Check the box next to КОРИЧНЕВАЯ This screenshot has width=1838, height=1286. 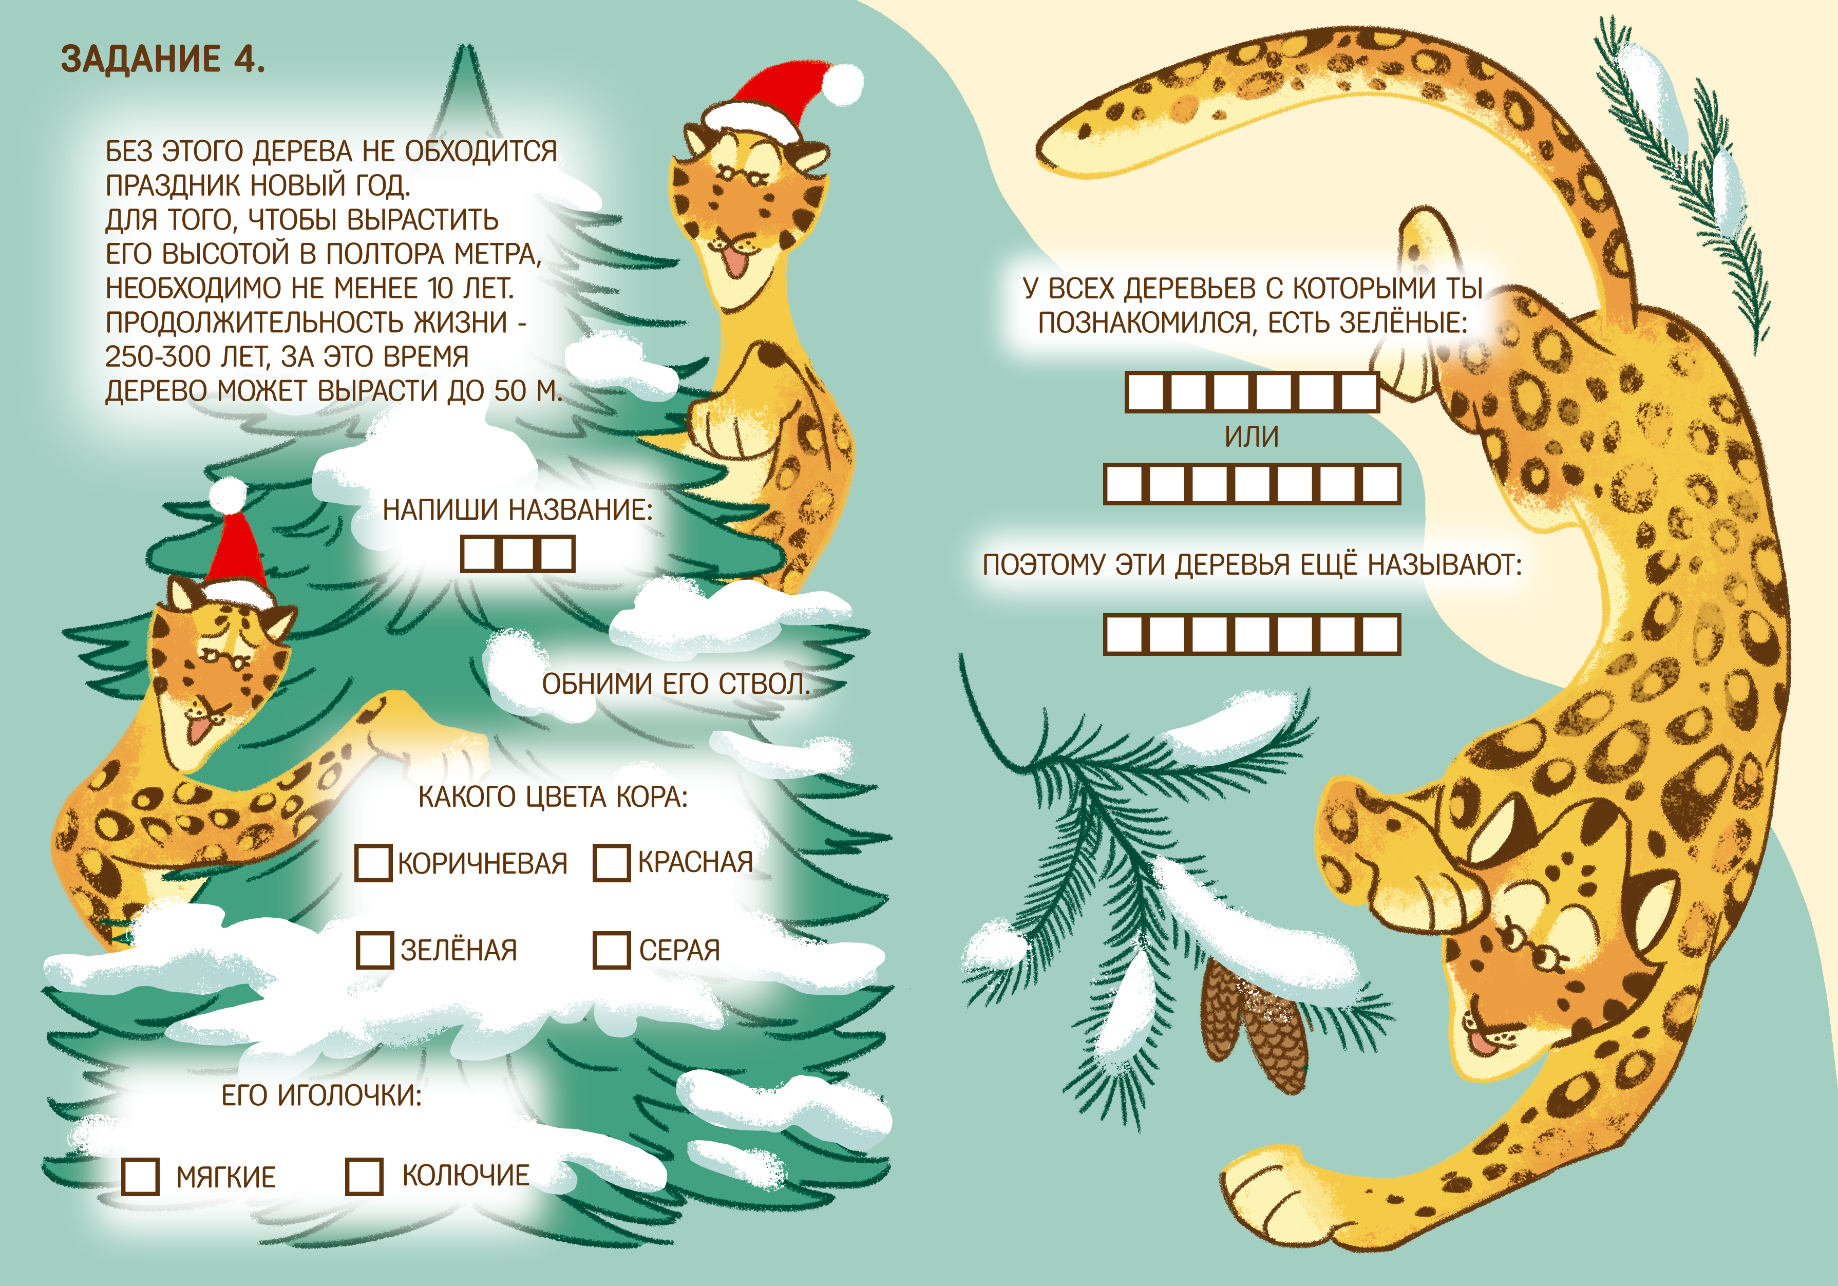pyautogui.click(x=373, y=862)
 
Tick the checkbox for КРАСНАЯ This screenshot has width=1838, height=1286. pyautogui.click(x=612, y=862)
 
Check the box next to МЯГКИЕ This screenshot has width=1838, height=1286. pyautogui.click(x=141, y=1176)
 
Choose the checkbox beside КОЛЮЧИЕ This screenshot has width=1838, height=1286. pyautogui.click(x=364, y=1176)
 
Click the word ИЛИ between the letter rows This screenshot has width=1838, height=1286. pyautogui.click(x=1252, y=437)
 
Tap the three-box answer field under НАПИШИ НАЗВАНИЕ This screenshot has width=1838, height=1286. pyautogui.click(x=518, y=553)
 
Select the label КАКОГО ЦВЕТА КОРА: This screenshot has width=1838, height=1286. pyautogui.click(x=553, y=797)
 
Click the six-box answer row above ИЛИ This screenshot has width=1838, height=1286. pyautogui.click(x=1252, y=392)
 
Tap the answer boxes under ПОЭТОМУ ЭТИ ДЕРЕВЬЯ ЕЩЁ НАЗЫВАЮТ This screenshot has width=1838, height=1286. pyautogui.click(x=1252, y=634)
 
